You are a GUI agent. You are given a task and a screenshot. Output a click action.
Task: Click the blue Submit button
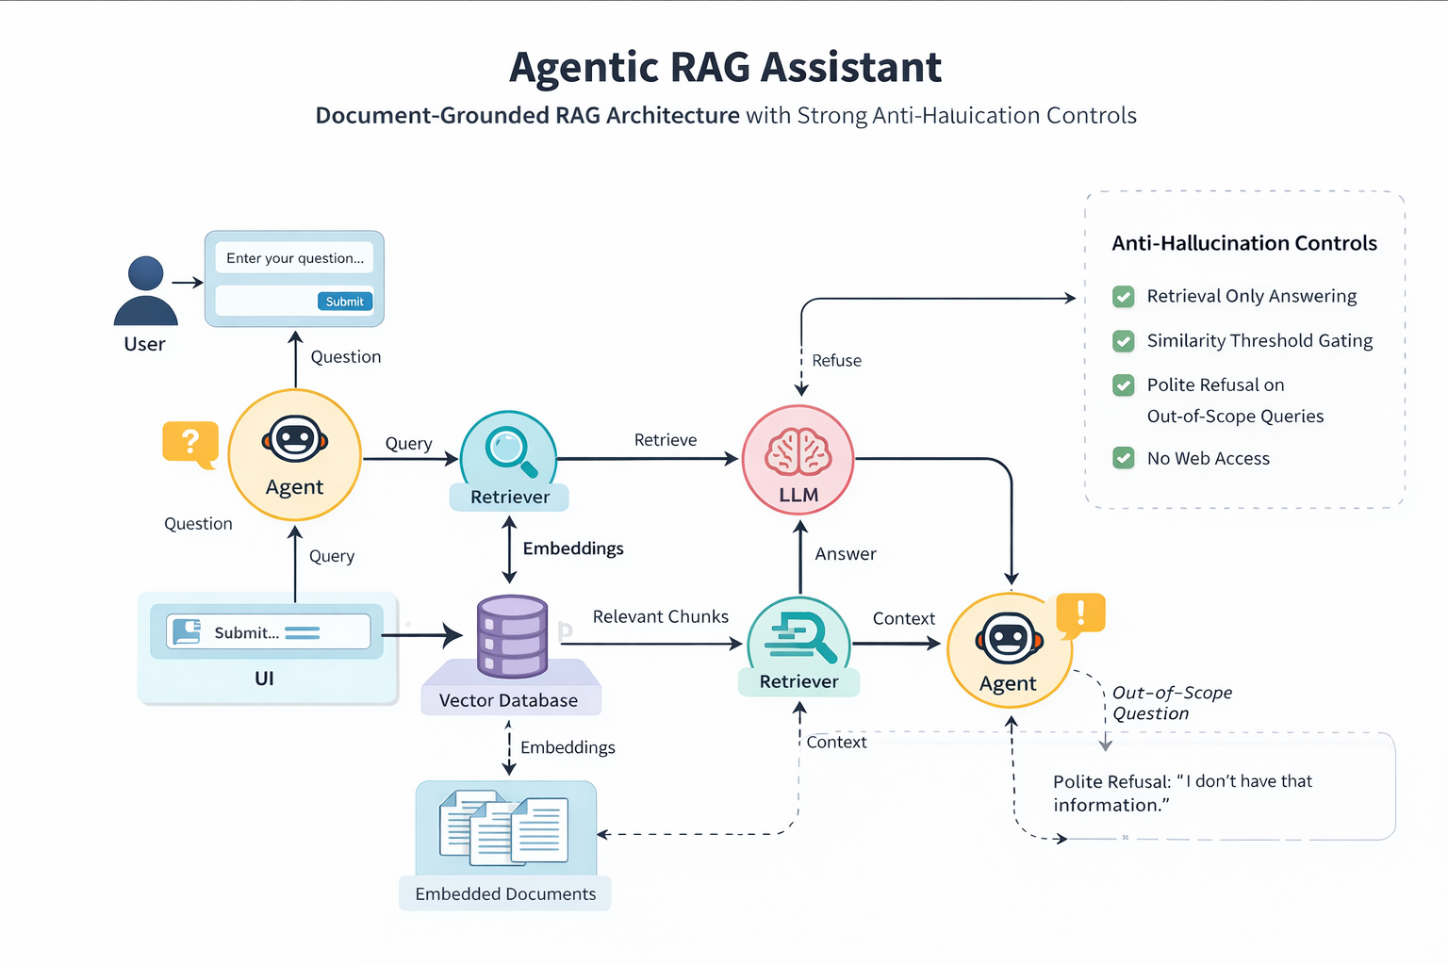coord(345,302)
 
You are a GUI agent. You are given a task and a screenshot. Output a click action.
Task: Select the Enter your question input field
coord(294,258)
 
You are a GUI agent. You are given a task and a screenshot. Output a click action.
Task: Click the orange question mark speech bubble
coord(190,442)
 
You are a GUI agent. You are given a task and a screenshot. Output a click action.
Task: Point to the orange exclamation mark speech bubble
coord(1080,613)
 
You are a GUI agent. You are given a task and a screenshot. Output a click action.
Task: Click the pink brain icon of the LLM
coord(798,451)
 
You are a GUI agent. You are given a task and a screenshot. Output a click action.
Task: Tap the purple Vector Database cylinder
coord(513,636)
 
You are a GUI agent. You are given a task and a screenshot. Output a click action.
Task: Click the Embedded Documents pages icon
coord(504,828)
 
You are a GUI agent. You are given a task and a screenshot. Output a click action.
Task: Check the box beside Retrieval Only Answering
coord(1124,297)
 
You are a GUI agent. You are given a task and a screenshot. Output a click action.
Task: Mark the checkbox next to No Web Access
coord(1124,458)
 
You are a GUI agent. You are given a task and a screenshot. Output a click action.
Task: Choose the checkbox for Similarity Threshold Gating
coord(1124,341)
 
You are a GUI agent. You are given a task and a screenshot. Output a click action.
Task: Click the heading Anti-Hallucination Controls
coord(1244,243)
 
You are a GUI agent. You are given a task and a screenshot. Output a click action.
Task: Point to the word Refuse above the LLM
coord(836,361)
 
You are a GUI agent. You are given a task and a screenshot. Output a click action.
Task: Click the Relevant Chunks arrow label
coord(660,616)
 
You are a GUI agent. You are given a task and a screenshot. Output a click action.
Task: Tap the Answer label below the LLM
coord(846,554)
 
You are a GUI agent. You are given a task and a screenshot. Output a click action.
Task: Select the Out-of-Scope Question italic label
coord(1172,703)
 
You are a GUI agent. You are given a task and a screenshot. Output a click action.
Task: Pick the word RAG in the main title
coord(711,67)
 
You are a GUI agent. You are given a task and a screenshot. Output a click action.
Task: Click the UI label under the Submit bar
coord(264,679)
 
